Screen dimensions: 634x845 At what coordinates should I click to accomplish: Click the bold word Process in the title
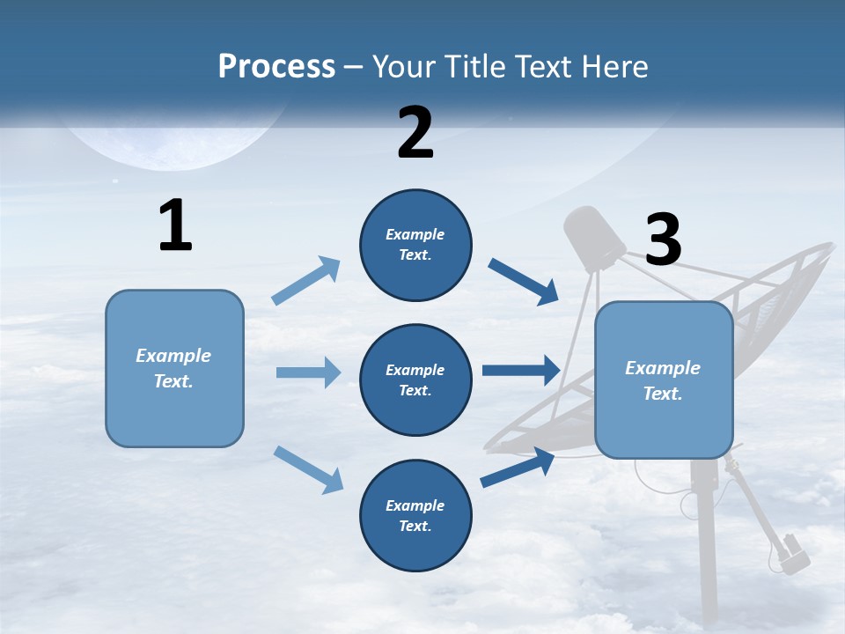(x=276, y=67)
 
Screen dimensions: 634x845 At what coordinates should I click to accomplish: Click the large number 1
(x=175, y=225)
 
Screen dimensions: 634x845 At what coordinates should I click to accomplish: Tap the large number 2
(x=415, y=133)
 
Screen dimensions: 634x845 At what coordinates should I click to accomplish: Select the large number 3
(x=663, y=240)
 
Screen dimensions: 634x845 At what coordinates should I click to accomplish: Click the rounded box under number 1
(x=174, y=368)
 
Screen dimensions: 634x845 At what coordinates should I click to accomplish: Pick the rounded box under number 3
(x=664, y=380)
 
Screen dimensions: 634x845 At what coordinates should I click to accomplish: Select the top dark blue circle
(x=415, y=245)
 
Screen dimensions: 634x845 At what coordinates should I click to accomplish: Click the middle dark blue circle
(x=415, y=380)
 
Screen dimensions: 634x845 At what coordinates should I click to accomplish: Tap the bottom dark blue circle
(x=415, y=516)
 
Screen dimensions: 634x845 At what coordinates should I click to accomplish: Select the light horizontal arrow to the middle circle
(x=308, y=372)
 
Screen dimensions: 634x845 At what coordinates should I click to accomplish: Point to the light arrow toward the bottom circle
(x=308, y=468)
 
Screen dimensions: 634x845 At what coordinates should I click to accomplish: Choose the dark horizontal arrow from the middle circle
(x=520, y=371)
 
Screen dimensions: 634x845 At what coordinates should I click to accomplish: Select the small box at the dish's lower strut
(x=794, y=553)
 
